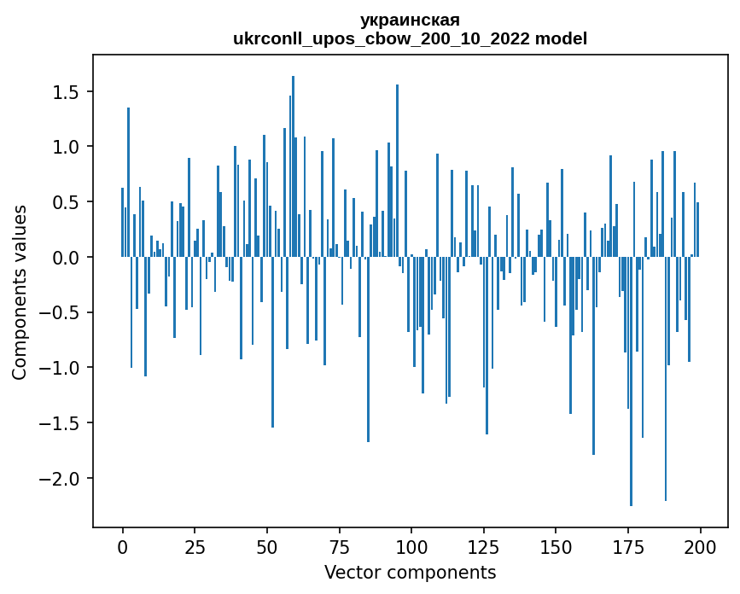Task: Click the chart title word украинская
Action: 410,20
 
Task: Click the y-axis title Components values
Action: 20,292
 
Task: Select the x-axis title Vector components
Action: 410,572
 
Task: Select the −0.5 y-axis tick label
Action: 62,312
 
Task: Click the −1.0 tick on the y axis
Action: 62,368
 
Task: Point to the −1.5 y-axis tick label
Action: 62,423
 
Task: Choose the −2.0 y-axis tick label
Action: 62,478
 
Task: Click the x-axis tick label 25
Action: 195,546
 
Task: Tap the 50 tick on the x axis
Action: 267,546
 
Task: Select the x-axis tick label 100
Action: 411,546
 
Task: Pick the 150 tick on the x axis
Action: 556,546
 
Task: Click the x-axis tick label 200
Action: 700,546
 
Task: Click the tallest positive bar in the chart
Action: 293,166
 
